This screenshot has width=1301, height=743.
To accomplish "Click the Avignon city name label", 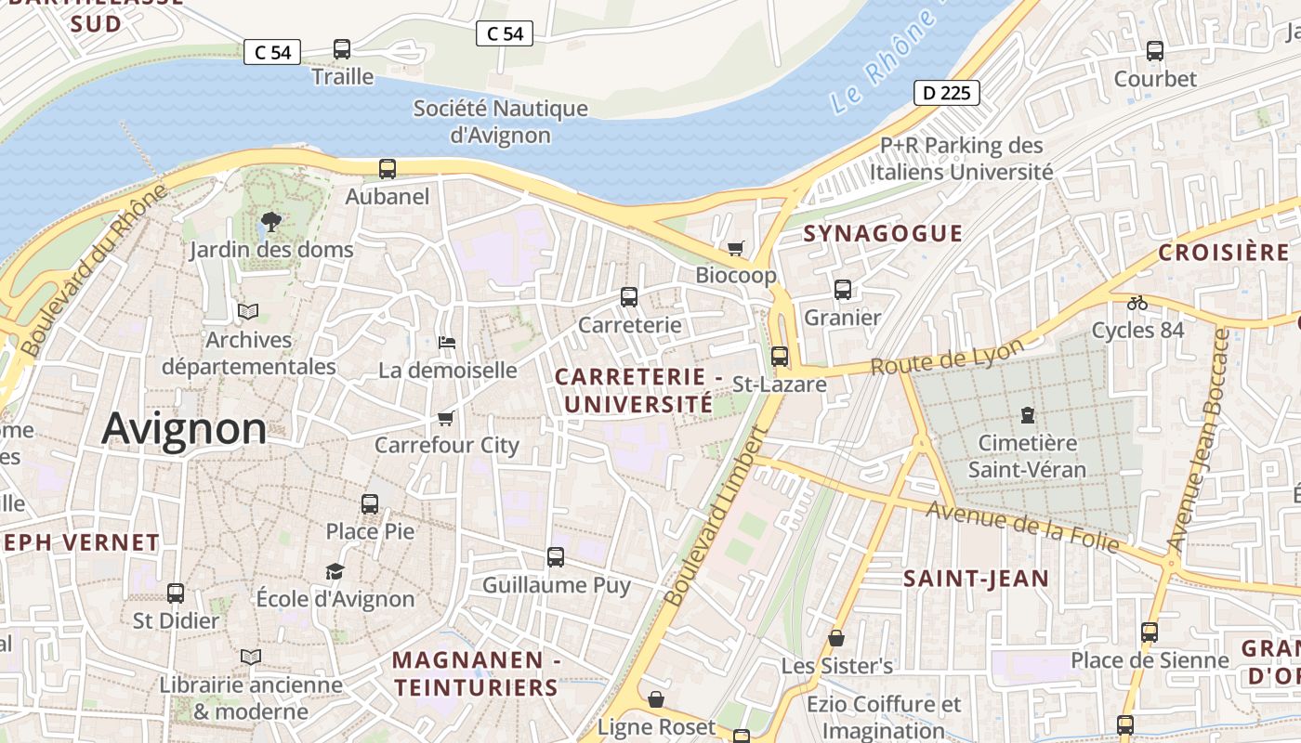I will click(184, 429).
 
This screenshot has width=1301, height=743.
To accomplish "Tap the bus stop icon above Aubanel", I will click(388, 169).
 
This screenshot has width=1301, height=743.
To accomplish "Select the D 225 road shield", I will click(947, 93).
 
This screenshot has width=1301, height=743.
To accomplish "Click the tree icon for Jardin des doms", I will click(271, 221).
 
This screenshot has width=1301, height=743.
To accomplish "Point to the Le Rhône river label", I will click(883, 61).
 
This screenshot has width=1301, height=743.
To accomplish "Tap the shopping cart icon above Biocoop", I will click(736, 248).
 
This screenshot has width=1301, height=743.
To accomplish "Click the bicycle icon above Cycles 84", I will click(1137, 302).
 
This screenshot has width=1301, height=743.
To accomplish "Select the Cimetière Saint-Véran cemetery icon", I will click(1027, 414).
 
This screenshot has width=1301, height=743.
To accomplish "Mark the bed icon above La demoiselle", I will click(447, 343).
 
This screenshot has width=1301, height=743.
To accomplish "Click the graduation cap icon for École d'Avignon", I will click(335, 571).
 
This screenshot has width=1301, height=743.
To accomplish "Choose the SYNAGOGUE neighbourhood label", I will click(883, 233).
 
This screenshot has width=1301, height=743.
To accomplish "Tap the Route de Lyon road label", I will click(947, 357).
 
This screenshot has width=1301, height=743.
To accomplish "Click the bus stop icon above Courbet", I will click(1155, 51).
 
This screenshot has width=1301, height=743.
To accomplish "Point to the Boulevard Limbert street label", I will click(714, 516).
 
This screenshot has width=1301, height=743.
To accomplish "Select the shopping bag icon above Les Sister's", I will click(836, 638).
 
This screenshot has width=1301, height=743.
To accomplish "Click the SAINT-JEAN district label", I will click(977, 579).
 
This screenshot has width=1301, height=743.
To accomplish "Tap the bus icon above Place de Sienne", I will click(1150, 632).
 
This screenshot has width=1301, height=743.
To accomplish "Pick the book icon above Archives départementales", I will click(248, 311).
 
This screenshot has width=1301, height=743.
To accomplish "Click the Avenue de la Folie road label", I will click(1022, 527).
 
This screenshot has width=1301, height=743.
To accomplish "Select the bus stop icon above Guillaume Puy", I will click(556, 557).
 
